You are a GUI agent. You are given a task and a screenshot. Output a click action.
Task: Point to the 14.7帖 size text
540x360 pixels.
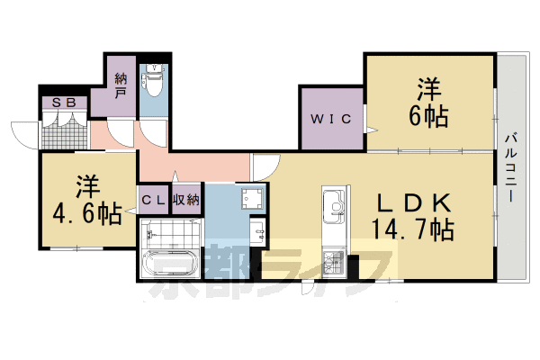(x=411, y=229)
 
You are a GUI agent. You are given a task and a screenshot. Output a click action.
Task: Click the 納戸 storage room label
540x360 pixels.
(x=121, y=83)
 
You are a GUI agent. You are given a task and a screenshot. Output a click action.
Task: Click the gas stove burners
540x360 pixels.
(x=336, y=262)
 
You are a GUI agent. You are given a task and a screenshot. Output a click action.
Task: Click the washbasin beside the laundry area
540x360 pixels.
(x=256, y=230)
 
